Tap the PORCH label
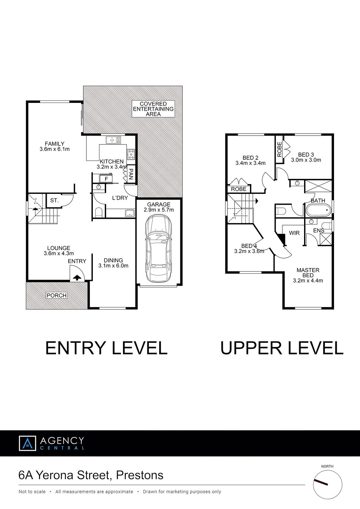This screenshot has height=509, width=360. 57,295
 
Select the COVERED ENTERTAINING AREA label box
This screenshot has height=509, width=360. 153,109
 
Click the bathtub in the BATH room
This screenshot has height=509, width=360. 319,210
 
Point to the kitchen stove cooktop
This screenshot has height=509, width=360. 131,154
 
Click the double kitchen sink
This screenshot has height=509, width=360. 114,140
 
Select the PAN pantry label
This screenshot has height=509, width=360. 131,174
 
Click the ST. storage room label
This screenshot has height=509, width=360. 54,201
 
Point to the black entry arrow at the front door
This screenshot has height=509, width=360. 77,278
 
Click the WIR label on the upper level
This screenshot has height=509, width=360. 294,233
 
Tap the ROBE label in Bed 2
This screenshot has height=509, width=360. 239,189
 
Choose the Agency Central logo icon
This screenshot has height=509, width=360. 27,443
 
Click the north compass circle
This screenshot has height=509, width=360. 327,484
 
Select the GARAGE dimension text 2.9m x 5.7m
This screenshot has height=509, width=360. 159,210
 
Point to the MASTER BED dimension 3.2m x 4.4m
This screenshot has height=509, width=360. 308,281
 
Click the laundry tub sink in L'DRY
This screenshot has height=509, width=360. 129,213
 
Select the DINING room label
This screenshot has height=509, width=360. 113,260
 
